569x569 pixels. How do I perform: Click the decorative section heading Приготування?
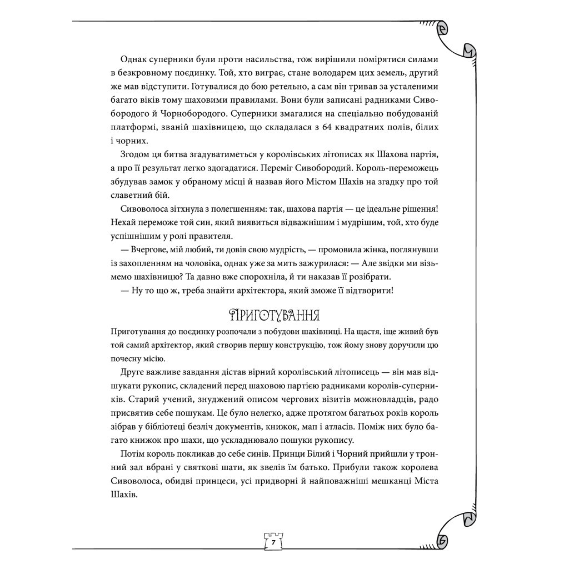[273, 316]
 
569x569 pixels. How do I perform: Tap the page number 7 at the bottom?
[273, 541]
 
